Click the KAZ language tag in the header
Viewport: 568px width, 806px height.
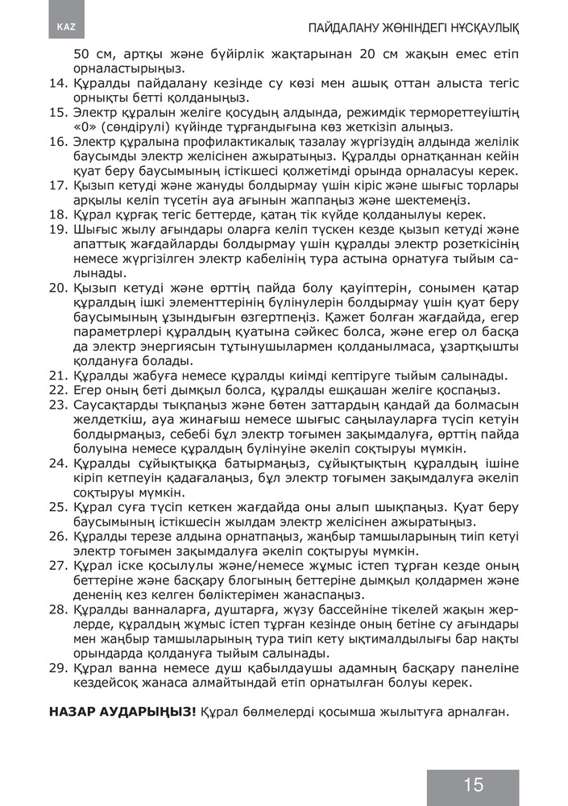66,27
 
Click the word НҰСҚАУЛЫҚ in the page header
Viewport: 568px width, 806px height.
476,28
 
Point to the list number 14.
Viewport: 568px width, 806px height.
58,83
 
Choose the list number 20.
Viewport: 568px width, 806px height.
58,288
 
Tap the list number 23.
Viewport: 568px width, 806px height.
58,404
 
